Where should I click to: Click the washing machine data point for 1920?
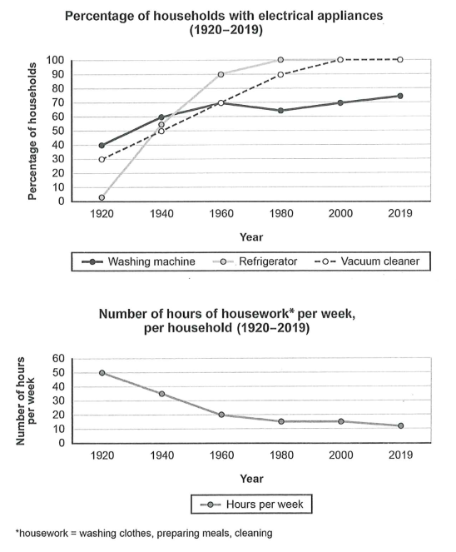point(102,146)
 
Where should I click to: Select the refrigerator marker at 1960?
point(221,75)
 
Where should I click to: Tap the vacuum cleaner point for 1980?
point(280,75)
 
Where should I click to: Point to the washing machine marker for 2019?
point(400,96)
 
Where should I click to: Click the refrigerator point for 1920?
point(102,198)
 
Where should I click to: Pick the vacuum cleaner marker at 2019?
point(400,60)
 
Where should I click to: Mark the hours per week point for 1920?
point(102,373)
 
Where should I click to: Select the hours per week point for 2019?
point(400,426)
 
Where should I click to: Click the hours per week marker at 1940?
point(162,394)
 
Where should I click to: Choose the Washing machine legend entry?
point(138,261)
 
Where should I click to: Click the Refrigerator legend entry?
point(255,261)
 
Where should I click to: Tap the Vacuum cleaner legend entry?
point(366,261)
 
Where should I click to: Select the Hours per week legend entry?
point(251,505)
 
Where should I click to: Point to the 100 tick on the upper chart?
point(55,60)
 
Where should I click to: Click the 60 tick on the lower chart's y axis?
point(59,359)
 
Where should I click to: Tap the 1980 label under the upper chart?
point(281,214)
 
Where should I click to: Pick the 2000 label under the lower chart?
point(341,455)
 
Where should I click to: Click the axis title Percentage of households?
point(32,132)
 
